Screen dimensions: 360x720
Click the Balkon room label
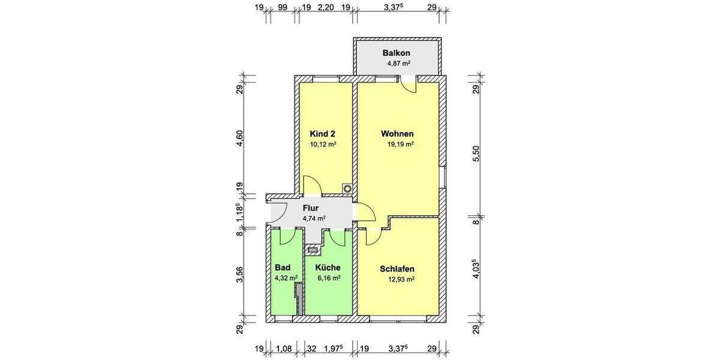[396, 53]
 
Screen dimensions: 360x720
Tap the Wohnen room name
[397, 134]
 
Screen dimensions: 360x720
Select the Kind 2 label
[323, 134]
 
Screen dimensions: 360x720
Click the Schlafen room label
[397, 269]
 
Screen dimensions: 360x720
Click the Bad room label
[282, 268]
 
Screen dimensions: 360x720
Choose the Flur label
[311, 208]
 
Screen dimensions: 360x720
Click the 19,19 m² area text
[401, 145]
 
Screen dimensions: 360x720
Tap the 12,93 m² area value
[401, 279]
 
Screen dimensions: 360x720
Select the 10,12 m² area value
[323, 145]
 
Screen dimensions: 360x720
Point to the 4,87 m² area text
[397, 63]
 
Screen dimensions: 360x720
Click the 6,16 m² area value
[329, 278]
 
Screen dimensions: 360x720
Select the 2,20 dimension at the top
[326, 8]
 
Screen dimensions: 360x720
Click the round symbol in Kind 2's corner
[347, 187]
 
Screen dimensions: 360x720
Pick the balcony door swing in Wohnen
[410, 86]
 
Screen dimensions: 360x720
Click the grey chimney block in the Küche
[312, 248]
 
